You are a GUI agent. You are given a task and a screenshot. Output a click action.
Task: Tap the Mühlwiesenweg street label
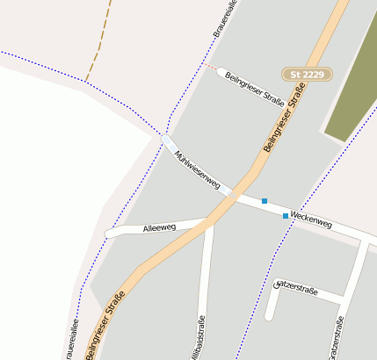pyautogui.click(x=196, y=170)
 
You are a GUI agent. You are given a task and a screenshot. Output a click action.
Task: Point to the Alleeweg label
pyautogui.click(x=159, y=228)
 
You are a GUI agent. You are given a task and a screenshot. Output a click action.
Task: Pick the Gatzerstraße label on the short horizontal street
pyautogui.click(x=297, y=287)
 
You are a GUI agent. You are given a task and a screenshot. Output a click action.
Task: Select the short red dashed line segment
pyautogui.click(x=210, y=67)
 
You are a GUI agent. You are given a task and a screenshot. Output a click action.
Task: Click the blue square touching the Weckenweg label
pyautogui.click(x=285, y=215)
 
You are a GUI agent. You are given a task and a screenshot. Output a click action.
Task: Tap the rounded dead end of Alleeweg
pyautogui.click(x=110, y=233)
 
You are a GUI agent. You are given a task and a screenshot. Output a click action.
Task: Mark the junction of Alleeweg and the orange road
pyautogui.click(x=209, y=224)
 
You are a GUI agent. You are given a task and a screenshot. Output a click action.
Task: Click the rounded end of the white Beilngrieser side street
pyautogui.click(x=221, y=72)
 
